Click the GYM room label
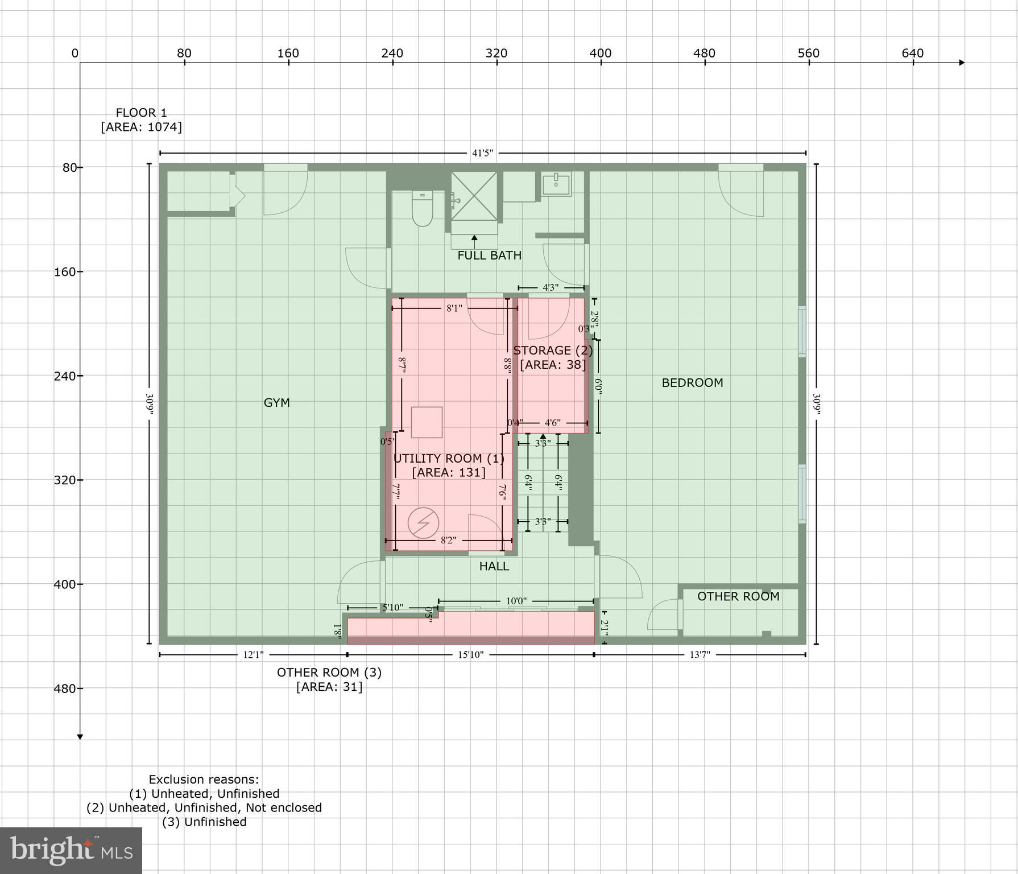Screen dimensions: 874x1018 pyautogui.click(x=276, y=403)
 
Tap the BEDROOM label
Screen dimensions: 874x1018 pyautogui.click(x=692, y=383)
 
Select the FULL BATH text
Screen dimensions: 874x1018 pyautogui.click(x=489, y=255)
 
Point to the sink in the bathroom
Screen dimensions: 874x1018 pyautogui.click(x=556, y=184)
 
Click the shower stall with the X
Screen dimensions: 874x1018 pyautogui.click(x=474, y=195)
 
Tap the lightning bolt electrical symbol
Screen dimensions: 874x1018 pyautogui.click(x=423, y=523)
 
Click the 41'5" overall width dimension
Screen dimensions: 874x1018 pyautogui.click(x=482, y=153)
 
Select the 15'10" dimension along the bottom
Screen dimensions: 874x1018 pyautogui.click(x=470, y=655)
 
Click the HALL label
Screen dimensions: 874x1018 pyautogui.click(x=494, y=566)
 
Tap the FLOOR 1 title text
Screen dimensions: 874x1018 pyautogui.click(x=141, y=113)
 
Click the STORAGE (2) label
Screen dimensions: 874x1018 pyautogui.click(x=553, y=351)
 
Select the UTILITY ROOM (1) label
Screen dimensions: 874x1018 pyautogui.click(x=449, y=459)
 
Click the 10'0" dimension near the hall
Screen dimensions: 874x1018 pyautogui.click(x=516, y=601)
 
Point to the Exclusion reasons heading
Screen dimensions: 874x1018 pyautogui.click(x=204, y=780)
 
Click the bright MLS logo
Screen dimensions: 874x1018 pyautogui.click(x=71, y=851)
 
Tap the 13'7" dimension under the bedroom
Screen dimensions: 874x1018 pyautogui.click(x=700, y=655)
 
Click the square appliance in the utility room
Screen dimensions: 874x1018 pyautogui.click(x=427, y=422)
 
